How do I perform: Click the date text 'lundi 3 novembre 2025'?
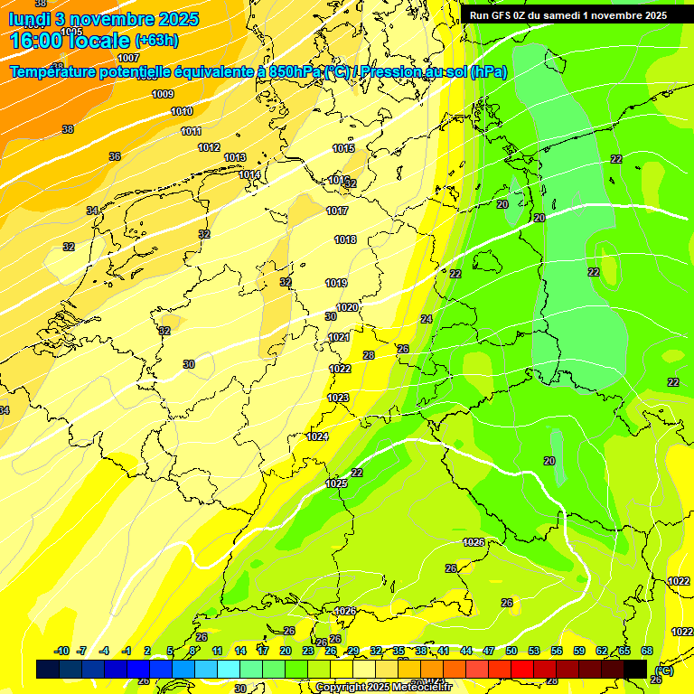click(x=104, y=19)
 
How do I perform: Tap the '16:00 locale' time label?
click(x=70, y=40)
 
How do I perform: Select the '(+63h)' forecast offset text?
click(x=156, y=40)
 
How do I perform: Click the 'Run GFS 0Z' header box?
click(x=568, y=14)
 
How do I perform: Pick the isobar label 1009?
click(x=163, y=94)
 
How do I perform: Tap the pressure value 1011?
click(x=191, y=131)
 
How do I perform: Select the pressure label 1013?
click(x=235, y=157)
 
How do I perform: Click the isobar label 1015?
click(x=343, y=148)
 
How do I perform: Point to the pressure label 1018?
click(x=345, y=239)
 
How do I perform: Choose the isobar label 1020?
click(x=347, y=307)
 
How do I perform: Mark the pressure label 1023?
click(x=338, y=398)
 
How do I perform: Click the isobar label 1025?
click(x=336, y=483)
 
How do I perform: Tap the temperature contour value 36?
click(x=115, y=156)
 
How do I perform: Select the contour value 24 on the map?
click(x=427, y=319)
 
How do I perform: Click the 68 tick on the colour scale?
click(x=647, y=651)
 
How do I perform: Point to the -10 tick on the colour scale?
click(x=61, y=651)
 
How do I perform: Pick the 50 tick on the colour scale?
click(x=511, y=651)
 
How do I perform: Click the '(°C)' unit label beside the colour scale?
click(x=662, y=670)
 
